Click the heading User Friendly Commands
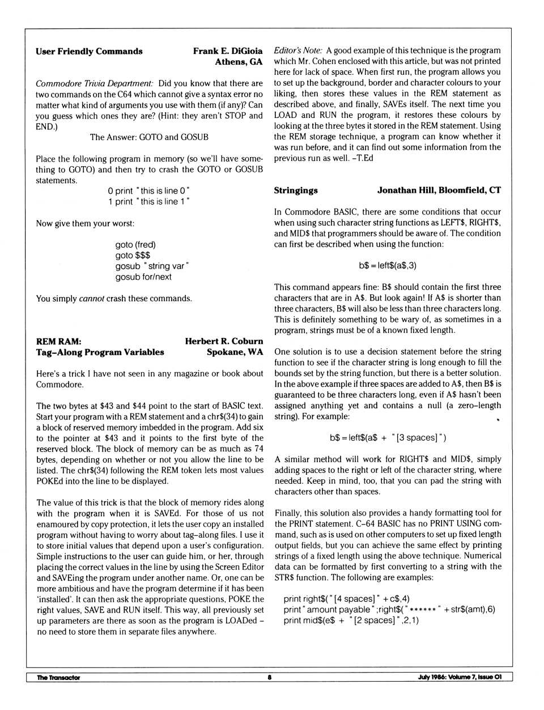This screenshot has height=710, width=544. (x=89, y=52)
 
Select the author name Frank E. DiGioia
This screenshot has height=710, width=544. (x=227, y=52)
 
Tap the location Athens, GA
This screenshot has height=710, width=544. (x=238, y=62)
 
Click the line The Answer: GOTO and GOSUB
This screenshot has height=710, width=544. (x=149, y=137)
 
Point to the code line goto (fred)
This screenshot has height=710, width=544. (x=135, y=245)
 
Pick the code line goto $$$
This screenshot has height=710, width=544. (x=133, y=256)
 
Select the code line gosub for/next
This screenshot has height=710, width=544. (x=143, y=277)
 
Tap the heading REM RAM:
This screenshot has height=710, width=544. (x=58, y=341)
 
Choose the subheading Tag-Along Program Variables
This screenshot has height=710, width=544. (x=100, y=352)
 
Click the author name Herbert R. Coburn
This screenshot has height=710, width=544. (x=224, y=341)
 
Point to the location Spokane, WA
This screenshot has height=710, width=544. (x=235, y=352)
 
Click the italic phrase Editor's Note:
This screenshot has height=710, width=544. (x=298, y=50)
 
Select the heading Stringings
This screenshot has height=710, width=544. (x=296, y=191)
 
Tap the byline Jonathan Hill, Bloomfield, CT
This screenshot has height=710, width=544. (x=439, y=191)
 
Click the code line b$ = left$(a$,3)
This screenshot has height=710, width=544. (x=388, y=266)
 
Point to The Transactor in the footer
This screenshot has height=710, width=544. (x=58, y=678)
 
